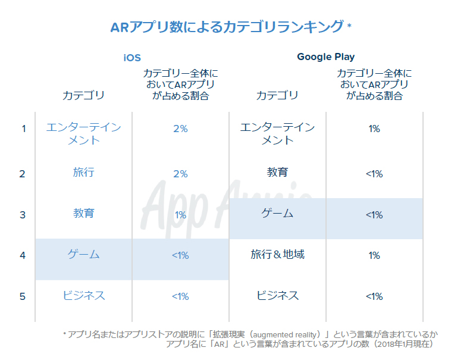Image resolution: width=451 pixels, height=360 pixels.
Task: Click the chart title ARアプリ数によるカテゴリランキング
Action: tap(227, 27)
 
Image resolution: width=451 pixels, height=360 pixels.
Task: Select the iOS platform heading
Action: tap(132, 58)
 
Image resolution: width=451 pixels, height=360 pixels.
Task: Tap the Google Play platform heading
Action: tap(325, 57)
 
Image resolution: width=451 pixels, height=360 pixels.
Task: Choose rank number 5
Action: tap(23, 296)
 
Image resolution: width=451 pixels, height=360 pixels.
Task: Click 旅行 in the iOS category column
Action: tap(83, 173)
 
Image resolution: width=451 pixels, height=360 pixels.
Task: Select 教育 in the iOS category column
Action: tap(83, 213)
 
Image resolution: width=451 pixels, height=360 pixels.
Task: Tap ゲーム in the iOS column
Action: tap(83, 255)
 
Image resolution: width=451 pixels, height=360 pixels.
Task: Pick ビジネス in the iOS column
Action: tap(83, 296)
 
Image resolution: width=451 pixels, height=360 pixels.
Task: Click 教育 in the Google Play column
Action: tap(277, 173)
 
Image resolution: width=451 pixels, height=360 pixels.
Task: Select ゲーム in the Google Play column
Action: tap(277, 213)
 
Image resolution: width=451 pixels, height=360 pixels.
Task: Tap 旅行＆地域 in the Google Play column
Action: tap(277, 255)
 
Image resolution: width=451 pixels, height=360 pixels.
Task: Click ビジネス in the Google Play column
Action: tap(277, 296)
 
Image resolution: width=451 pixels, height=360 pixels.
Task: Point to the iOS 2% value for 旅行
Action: tap(180, 174)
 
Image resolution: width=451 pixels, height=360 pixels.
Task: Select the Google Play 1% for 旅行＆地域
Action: tap(374, 256)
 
